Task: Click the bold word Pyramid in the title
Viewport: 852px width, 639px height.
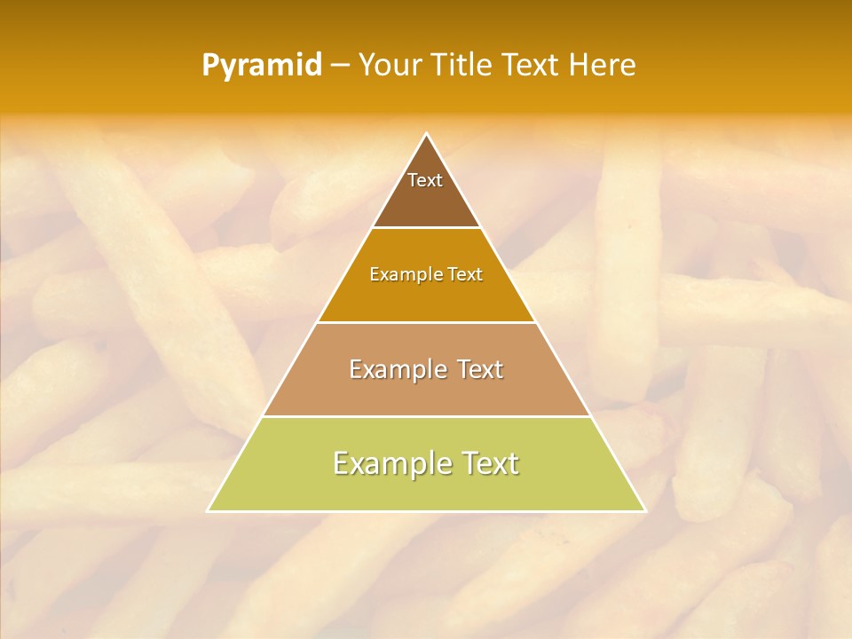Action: pos(262,66)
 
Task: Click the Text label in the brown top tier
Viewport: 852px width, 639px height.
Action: pos(425,180)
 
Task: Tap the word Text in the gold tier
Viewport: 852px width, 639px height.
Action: pos(465,275)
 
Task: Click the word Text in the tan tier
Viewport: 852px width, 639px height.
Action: pos(480,369)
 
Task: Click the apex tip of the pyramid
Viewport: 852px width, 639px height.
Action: pos(427,135)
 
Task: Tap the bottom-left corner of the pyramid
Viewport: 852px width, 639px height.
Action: pos(209,510)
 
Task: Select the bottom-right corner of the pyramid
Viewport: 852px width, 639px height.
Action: pos(644,510)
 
